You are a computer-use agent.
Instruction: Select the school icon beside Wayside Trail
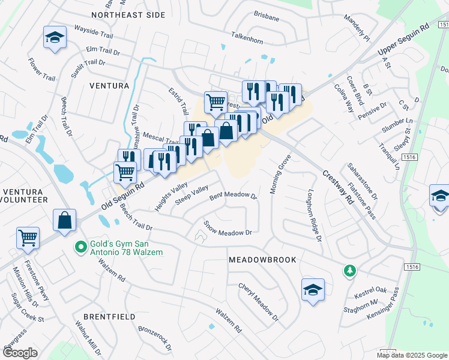click(55, 37)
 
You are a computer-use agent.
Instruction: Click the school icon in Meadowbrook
click(313, 290)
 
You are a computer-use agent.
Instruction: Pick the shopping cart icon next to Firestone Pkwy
click(28, 238)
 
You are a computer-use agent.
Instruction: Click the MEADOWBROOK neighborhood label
click(262, 260)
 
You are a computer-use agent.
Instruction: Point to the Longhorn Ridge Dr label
click(315, 217)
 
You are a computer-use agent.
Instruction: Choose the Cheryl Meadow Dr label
click(259, 302)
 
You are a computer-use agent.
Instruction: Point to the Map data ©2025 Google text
click(412, 355)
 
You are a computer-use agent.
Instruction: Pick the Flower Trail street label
click(41, 68)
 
